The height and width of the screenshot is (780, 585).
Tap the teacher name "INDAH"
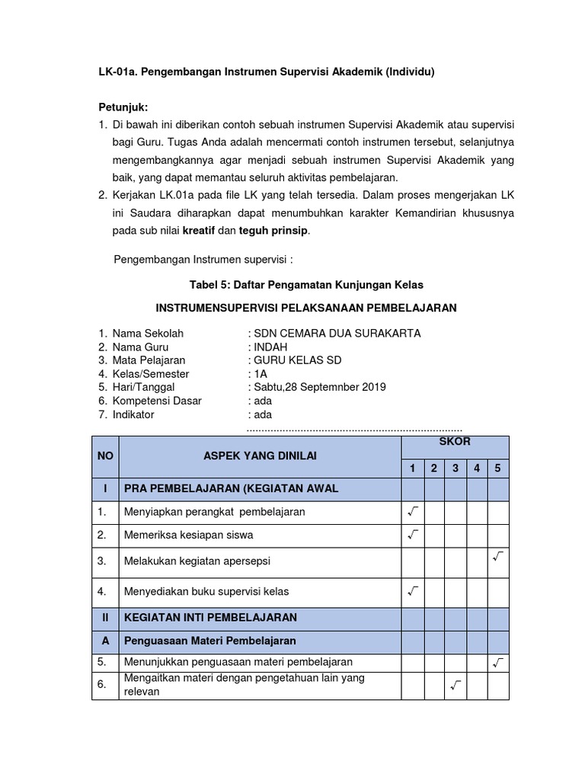click(271, 347)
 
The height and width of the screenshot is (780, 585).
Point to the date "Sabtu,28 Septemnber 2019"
click(320, 387)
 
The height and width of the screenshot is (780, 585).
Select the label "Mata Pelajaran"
click(149, 360)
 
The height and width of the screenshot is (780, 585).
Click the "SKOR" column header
click(455, 442)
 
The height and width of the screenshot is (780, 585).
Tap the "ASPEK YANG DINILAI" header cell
click(260, 456)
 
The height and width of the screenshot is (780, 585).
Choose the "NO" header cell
click(105, 456)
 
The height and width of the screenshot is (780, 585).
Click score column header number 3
click(455, 468)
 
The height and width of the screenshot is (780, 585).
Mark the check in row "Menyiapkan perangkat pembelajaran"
click(413, 511)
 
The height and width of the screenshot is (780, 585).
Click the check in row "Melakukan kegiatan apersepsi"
click(498, 558)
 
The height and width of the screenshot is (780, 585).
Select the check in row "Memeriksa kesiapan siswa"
click(413, 535)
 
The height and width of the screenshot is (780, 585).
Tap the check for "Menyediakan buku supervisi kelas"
click(413, 590)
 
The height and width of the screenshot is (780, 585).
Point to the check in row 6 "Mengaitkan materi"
click(455, 686)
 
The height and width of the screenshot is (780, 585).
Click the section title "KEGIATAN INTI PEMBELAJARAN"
click(210, 616)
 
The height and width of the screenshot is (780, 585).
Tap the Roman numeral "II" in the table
click(105, 616)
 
